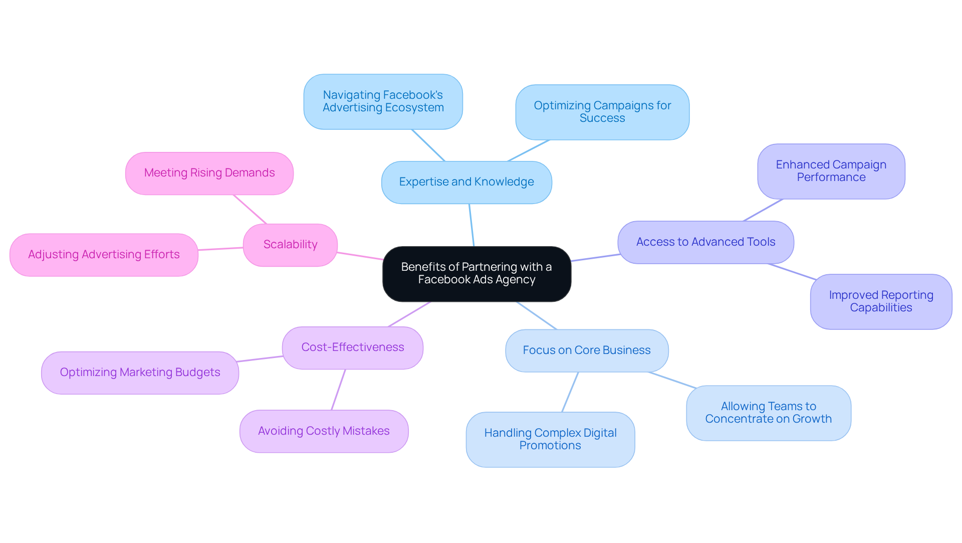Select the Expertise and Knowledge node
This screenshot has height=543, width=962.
pos(466,182)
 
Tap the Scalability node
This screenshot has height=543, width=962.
pos(290,245)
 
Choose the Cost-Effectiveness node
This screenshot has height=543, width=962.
pos(352,347)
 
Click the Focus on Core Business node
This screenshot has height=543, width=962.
pos(586,350)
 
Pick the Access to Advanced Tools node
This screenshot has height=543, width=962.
pos(705,242)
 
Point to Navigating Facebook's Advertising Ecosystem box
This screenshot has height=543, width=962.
pos(383,101)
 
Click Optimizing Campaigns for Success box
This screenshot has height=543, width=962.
pos(602,112)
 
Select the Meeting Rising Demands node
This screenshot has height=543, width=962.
pos(209,173)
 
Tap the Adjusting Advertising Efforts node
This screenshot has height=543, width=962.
pos(104,255)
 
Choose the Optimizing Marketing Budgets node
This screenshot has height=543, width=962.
pos(140,373)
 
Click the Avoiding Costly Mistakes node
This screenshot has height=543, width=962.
pos(324,431)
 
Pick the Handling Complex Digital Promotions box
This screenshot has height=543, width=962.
pos(550,439)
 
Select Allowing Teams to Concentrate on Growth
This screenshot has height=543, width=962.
pos(768,413)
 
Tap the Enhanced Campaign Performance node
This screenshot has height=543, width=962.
pos(831,171)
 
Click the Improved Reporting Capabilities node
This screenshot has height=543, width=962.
pos(881,301)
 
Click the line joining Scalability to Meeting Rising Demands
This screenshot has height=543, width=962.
pos(250,209)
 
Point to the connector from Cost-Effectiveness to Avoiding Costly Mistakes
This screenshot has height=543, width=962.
pos(338,390)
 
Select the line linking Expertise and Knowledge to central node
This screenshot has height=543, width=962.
pos(471,225)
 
